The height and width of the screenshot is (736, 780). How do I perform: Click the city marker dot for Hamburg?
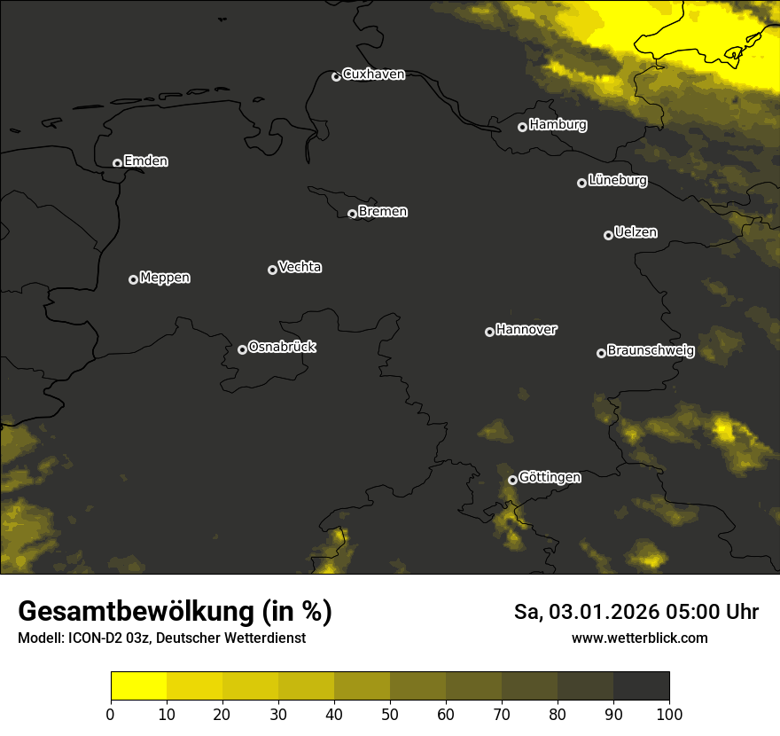point(523,127)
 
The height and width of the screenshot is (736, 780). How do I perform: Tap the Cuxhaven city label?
point(373,74)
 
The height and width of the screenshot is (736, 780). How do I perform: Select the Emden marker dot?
point(117,163)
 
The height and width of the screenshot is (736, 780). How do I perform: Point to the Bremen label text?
point(383,212)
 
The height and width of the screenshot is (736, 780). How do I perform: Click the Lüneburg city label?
point(618,181)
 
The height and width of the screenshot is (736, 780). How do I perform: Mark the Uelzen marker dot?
point(608,235)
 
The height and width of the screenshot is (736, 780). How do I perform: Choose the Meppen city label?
point(165,278)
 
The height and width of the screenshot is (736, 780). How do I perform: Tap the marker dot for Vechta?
point(272,270)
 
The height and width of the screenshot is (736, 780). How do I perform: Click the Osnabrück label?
point(282,347)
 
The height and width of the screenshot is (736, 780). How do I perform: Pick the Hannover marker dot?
point(489,332)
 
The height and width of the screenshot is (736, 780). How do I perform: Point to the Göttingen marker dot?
point(512,480)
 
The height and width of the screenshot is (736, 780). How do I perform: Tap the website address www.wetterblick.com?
point(640,638)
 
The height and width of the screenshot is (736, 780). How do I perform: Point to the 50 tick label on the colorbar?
point(390,713)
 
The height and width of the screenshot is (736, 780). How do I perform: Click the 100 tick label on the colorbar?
point(669,713)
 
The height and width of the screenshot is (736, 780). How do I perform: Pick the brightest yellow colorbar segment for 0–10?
point(138,686)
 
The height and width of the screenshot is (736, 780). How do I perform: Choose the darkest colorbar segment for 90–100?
point(641,686)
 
